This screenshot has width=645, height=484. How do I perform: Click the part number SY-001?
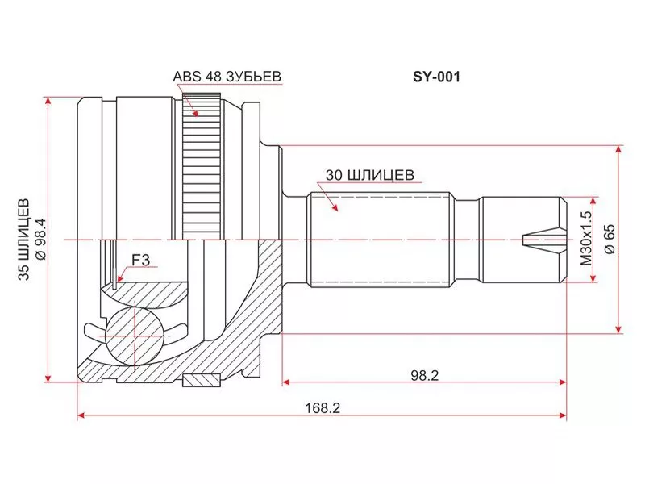(436, 77)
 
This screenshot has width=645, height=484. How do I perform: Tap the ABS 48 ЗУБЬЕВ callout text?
(227, 76)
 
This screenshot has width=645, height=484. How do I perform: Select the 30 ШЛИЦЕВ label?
(370, 175)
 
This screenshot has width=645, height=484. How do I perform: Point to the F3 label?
(140, 260)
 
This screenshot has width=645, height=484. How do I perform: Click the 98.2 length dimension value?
(425, 375)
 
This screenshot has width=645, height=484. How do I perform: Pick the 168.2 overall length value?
(322, 408)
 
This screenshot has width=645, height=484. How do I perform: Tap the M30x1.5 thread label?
(586, 238)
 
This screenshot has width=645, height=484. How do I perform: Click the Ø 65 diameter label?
(610, 239)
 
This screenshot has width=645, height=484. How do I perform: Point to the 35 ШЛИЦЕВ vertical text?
(24, 240)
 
